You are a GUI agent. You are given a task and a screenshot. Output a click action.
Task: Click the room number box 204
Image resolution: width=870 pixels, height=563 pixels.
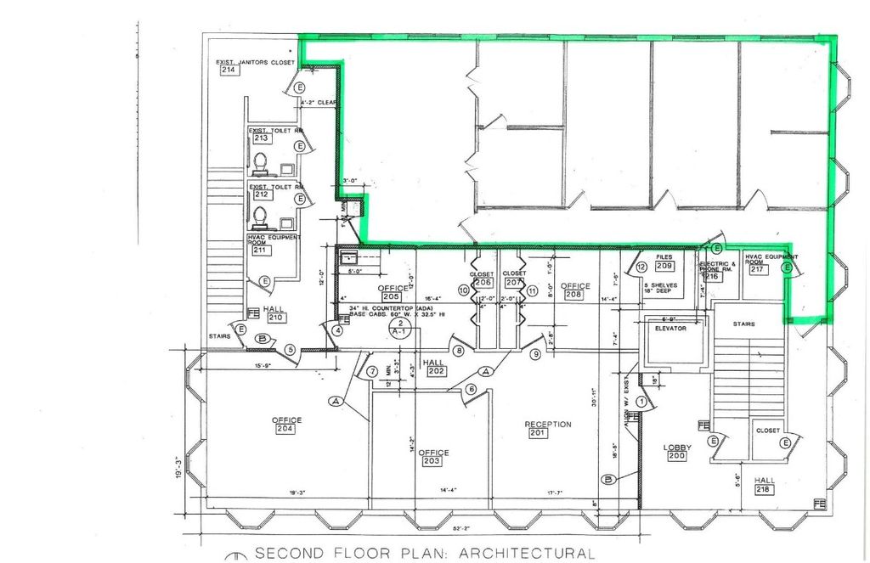click(285, 429)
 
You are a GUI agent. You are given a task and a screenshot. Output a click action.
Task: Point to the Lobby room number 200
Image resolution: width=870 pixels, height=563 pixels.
click(676, 456)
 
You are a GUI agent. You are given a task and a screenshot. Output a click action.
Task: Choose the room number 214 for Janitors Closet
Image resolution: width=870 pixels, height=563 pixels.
click(228, 70)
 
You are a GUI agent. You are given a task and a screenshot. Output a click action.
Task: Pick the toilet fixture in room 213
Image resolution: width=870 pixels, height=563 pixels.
click(261, 160)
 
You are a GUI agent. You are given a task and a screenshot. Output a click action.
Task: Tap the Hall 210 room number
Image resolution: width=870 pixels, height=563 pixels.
click(275, 318)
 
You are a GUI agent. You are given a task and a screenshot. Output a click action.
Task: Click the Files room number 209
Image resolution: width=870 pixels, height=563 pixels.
click(664, 266)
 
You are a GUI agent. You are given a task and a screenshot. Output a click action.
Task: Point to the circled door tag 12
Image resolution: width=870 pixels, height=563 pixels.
click(642, 267)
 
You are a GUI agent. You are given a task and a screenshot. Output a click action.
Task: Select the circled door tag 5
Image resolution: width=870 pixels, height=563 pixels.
click(290, 348)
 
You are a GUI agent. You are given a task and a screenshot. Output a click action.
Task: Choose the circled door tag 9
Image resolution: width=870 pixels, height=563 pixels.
click(535, 353)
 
